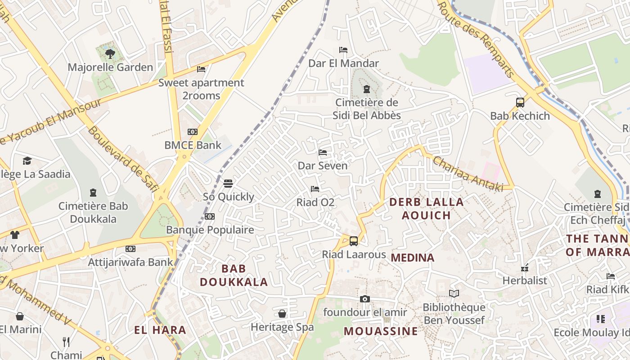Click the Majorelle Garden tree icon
point(110,54)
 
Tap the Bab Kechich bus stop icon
point(520,103)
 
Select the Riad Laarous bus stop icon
point(354,241)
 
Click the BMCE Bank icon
point(193,132)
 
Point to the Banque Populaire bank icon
point(210,216)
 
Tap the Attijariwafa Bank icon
point(130,249)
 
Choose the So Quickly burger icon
point(228,184)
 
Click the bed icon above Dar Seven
point(323,153)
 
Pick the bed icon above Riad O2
point(315,189)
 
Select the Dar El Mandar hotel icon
point(343,50)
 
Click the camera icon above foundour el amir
point(365,299)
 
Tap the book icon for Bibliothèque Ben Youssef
point(454,294)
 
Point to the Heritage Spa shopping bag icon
point(282,314)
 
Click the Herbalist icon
point(524,268)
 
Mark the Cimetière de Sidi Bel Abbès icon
point(366,89)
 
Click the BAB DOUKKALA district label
point(234,275)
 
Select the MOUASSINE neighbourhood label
point(381,332)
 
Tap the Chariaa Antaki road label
point(468,174)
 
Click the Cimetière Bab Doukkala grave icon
point(93,193)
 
